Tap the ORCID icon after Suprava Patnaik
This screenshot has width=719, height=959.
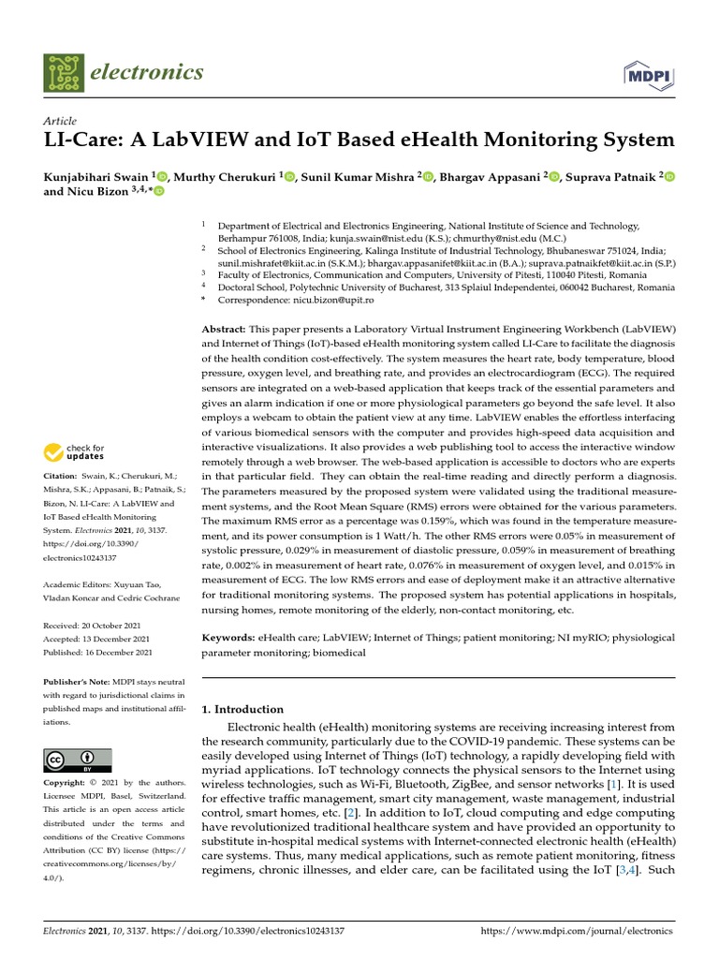click(x=669, y=176)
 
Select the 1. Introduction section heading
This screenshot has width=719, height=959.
click(x=243, y=709)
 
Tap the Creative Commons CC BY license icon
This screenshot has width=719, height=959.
click(x=77, y=760)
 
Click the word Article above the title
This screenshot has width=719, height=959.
click(x=60, y=121)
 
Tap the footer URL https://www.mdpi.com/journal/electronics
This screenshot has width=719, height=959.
click(x=576, y=932)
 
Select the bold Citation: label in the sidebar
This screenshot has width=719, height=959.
click(x=63, y=477)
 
